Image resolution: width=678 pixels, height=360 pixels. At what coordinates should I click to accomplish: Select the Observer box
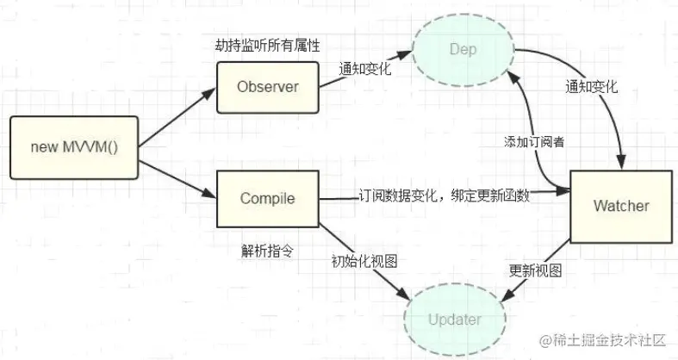coord(268,87)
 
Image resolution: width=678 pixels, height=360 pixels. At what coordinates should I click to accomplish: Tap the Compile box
coord(267,199)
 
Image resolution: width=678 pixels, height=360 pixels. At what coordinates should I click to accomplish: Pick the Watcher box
coord(620,206)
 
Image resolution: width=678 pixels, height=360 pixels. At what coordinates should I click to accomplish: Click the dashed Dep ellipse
coord(462,50)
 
